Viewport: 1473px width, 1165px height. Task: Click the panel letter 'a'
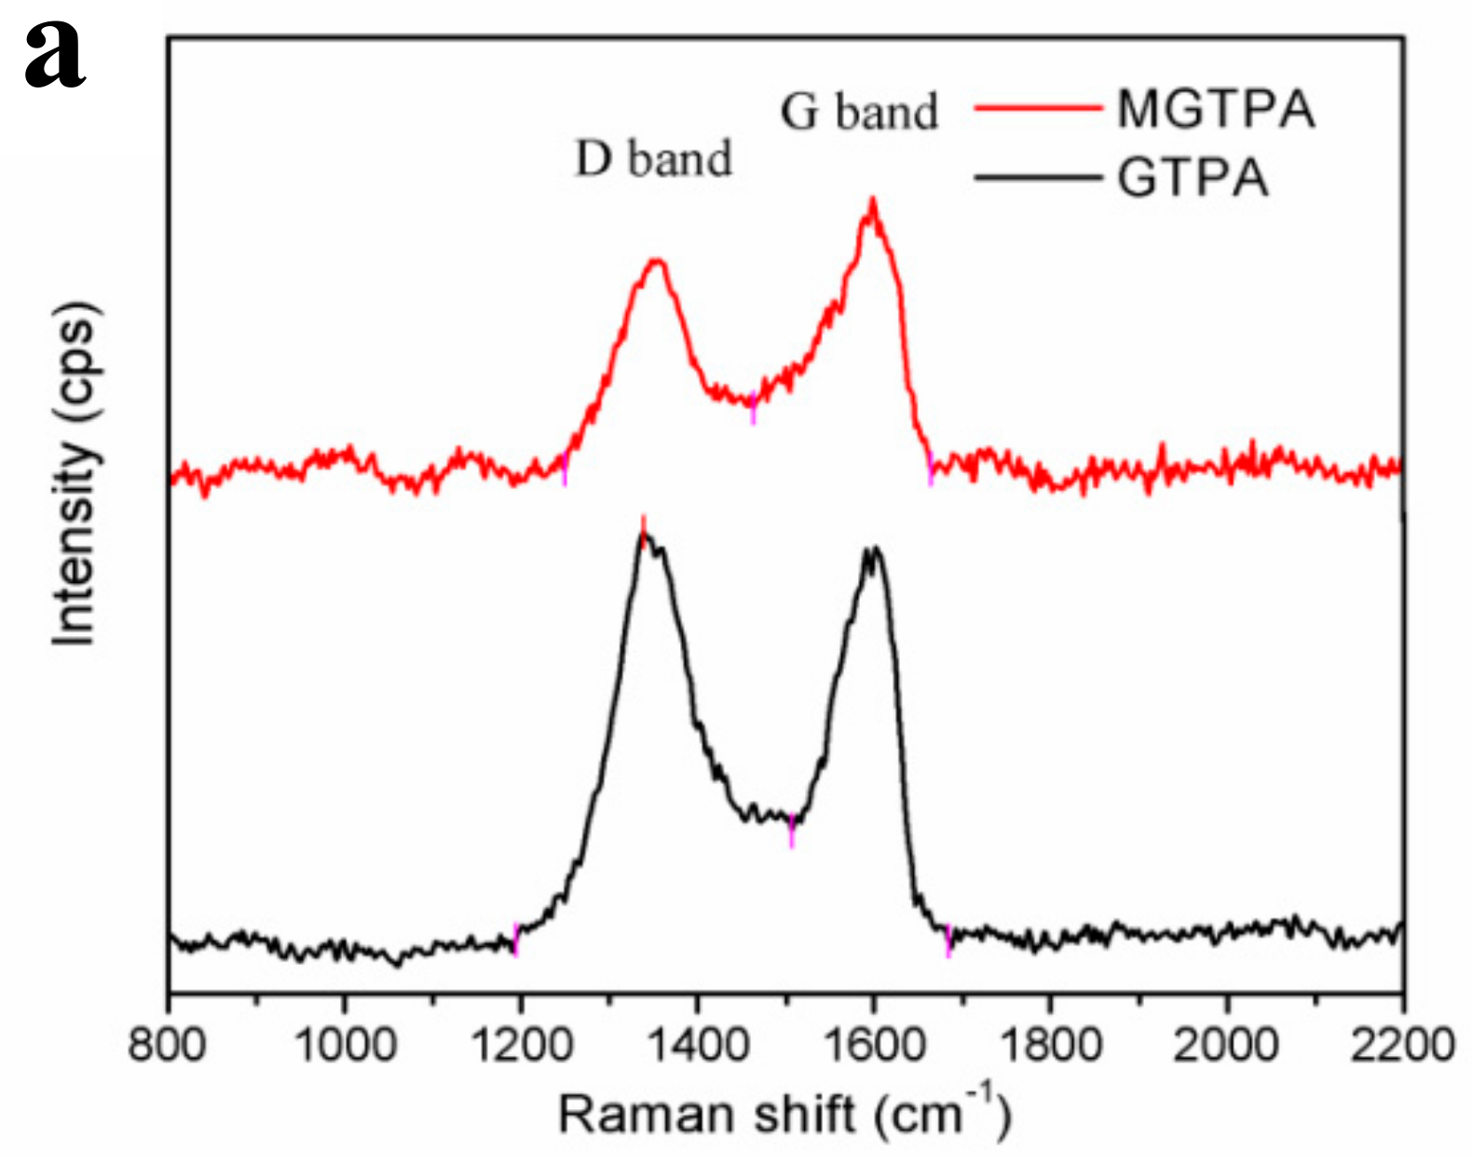click(x=53, y=56)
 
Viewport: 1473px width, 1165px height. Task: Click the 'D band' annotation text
click(x=653, y=158)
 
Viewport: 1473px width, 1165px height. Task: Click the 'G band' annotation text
click(x=858, y=112)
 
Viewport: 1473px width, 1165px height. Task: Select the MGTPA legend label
click(x=1216, y=109)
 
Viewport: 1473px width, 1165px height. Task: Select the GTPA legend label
click(x=1193, y=178)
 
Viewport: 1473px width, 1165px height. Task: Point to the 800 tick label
click(x=168, y=1044)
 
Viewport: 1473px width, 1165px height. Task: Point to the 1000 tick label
click(x=345, y=1044)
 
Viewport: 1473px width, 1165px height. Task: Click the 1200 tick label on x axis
click(x=521, y=1044)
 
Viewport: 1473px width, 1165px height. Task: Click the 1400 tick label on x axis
click(x=697, y=1044)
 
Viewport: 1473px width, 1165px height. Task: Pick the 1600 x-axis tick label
click(x=873, y=1044)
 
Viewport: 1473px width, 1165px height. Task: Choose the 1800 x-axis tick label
click(x=1050, y=1044)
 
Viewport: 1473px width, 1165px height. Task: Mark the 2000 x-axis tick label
click(x=1226, y=1044)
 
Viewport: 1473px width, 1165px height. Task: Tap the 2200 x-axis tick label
click(x=1400, y=1044)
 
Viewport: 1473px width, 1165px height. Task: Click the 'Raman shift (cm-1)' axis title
click(x=783, y=1113)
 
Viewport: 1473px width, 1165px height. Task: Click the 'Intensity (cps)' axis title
click(x=75, y=473)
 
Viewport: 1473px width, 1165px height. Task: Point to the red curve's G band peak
click(x=872, y=200)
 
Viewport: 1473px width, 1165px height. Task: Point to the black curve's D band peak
click(x=644, y=534)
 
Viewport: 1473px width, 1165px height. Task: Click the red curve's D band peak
click(x=657, y=262)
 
